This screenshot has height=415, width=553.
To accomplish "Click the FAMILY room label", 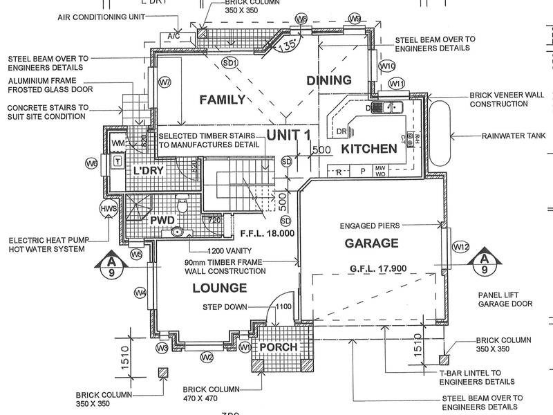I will (222, 100).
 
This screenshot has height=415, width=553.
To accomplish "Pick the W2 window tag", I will (206, 358).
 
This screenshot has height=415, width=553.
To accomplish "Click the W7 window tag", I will (165, 83).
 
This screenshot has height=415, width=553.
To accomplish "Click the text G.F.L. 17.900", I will (379, 270).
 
